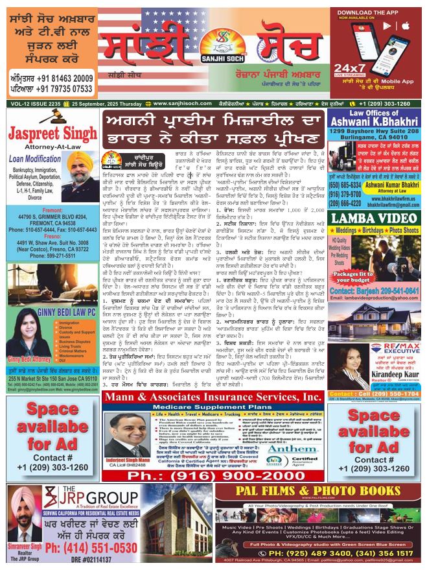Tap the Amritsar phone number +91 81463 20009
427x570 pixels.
coord(49,78)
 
